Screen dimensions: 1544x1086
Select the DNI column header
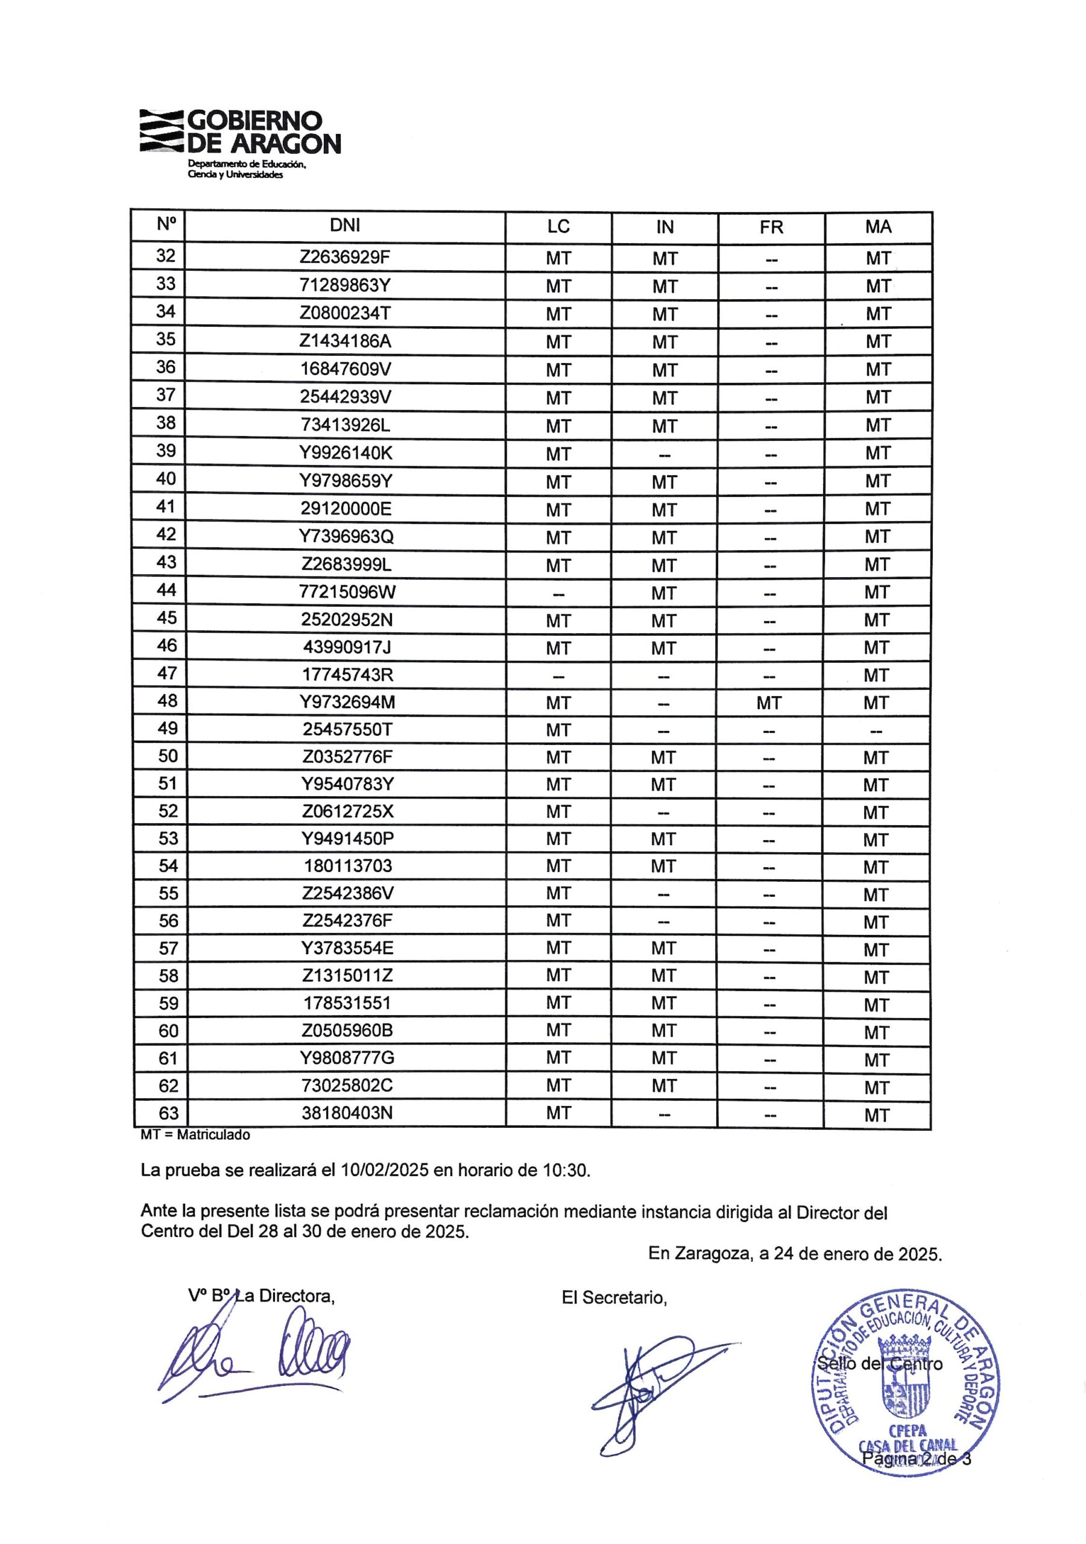[x=345, y=226]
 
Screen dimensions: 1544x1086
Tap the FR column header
[x=771, y=227]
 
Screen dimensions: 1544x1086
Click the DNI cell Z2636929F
[x=345, y=258]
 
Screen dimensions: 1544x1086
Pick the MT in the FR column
[x=769, y=703]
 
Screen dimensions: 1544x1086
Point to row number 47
[x=167, y=674]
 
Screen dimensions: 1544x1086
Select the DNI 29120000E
[x=346, y=508]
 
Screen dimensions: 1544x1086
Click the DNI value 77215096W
[x=347, y=592]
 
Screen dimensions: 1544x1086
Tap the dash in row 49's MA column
[x=876, y=731]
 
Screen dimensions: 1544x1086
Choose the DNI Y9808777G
[x=347, y=1058]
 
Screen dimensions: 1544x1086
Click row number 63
[x=168, y=1113]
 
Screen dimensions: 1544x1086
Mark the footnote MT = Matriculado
[x=195, y=1135]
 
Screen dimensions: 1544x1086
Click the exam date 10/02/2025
[x=385, y=1171]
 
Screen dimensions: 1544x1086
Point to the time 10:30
[x=566, y=1171]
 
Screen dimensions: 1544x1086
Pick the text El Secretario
[x=614, y=1298]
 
